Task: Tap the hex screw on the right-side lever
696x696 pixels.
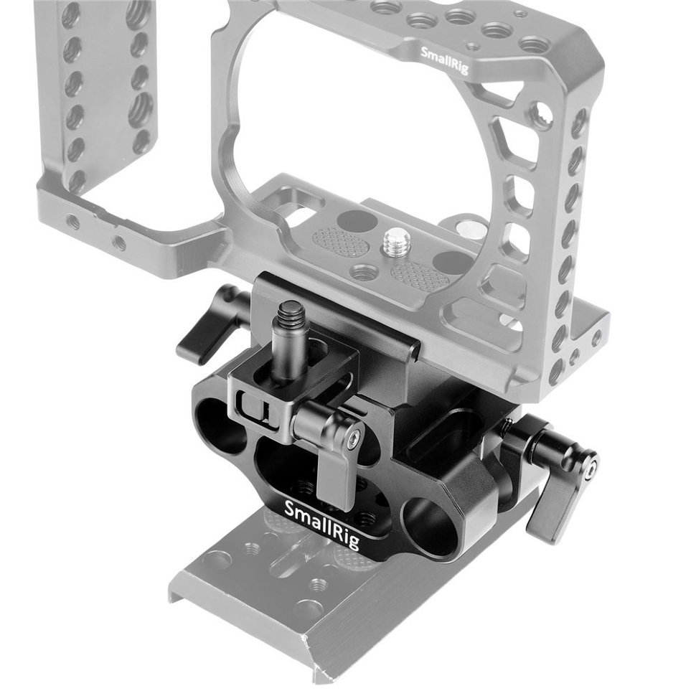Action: (589, 467)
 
